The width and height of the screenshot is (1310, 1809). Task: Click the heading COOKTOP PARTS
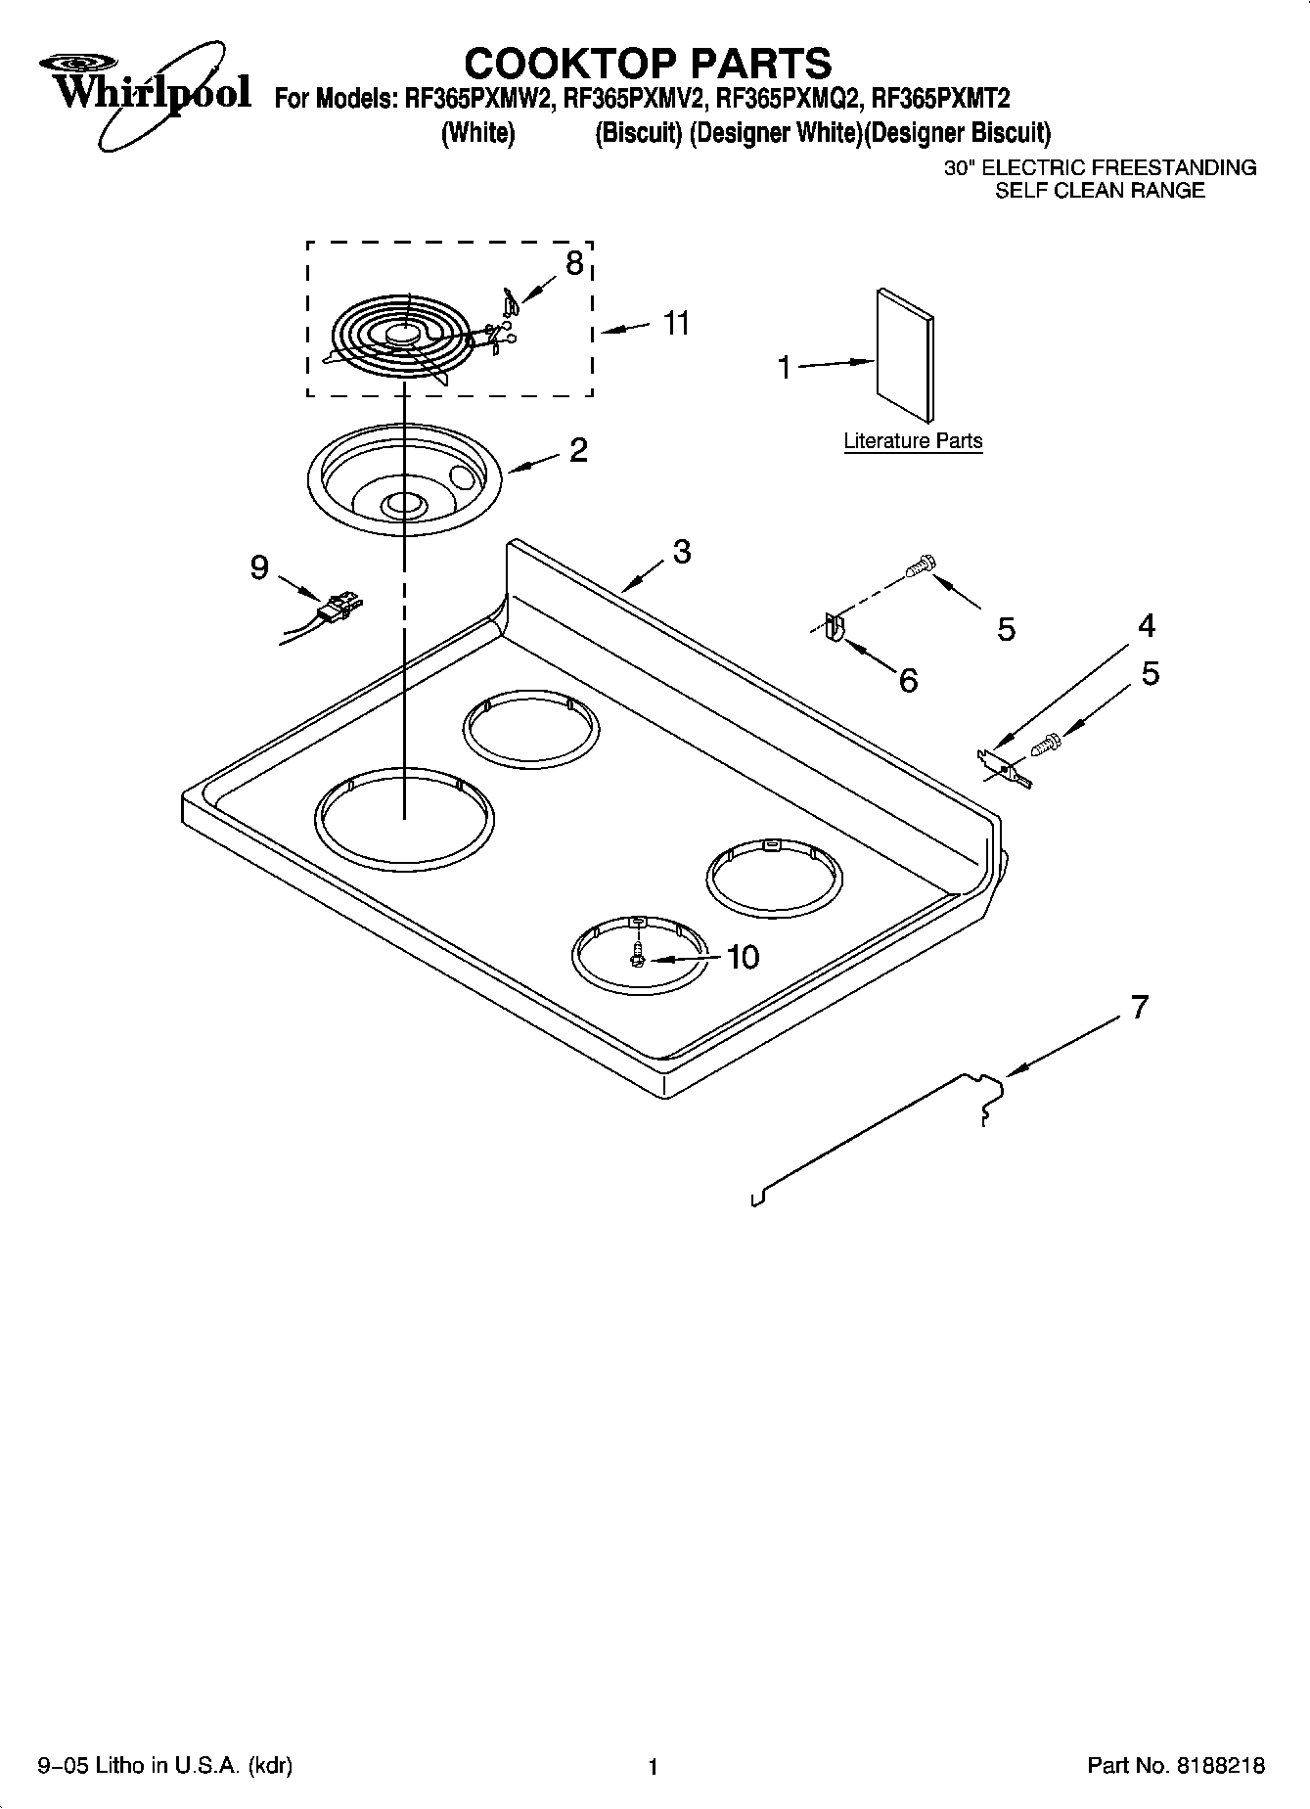(647, 63)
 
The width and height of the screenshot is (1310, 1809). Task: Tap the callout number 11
(676, 323)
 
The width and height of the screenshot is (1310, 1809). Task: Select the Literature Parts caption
(913, 441)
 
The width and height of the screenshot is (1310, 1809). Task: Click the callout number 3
(682, 552)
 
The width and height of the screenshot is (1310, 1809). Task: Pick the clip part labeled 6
(834, 627)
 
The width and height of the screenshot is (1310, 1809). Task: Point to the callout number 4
(1146, 626)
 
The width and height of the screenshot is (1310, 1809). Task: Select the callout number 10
(743, 957)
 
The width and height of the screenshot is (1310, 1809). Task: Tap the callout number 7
(1139, 1007)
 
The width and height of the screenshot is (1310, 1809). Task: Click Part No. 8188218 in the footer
(1176, 1766)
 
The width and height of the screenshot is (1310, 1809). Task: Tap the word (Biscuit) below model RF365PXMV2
(638, 133)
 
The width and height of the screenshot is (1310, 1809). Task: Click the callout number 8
(574, 262)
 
